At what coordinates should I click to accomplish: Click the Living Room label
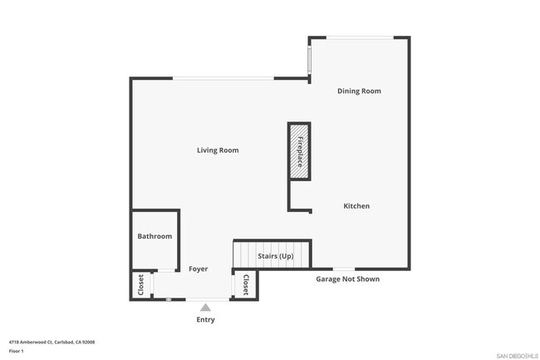click(218, 150)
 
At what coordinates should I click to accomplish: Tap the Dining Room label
click(359, 91)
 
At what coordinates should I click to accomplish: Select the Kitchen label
click(356, 206)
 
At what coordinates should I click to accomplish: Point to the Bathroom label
click(155, 236)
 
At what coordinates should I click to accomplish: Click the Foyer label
click(198, 269)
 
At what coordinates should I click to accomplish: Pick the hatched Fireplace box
click(299, 151)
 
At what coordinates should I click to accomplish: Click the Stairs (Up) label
click(276, 256)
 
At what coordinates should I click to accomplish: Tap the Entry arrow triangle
click(205, 308)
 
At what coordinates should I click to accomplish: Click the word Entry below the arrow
click(205, 320)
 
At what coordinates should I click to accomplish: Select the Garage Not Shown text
click(348, 279)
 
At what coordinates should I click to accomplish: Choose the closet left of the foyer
click(141, 285)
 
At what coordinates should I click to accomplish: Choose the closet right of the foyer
click(245, 284)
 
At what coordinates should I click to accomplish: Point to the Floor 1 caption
click(16, 351)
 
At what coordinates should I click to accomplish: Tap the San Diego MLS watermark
click(518, 356)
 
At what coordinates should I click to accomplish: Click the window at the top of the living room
click(223, 78)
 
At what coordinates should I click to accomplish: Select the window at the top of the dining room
click(361, 37)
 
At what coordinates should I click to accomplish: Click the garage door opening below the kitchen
click(344, 269)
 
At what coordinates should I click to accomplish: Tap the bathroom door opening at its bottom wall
click(166, 270)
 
